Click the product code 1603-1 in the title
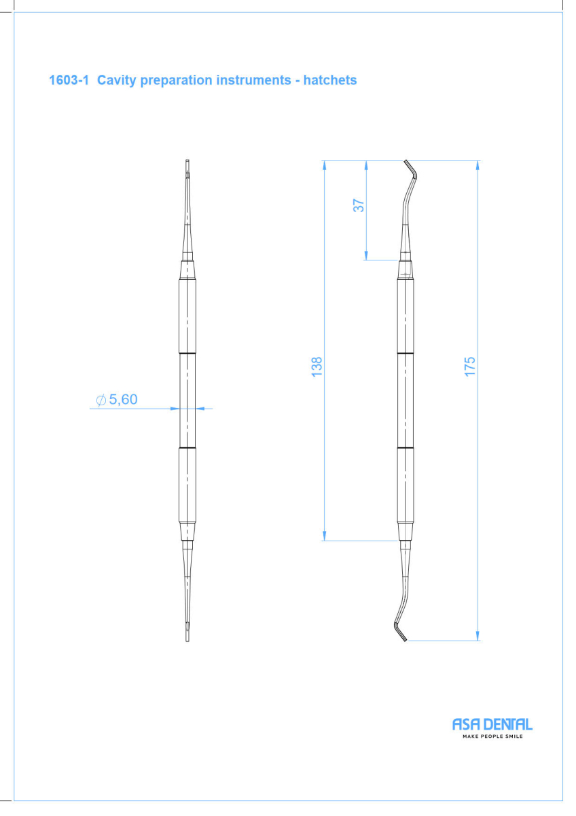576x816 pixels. click(69, 80)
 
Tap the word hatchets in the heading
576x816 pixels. click(330, 80)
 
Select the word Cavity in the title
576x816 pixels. click(116, 80)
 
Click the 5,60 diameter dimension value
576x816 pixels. click(123, 399)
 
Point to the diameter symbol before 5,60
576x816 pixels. click(101, 400)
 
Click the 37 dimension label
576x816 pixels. click(359, 205)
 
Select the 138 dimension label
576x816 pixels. click(317, 367)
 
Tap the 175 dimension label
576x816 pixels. click(470, 367)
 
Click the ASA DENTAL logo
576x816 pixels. click(492, 724)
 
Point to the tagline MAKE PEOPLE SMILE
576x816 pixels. click(492, 736)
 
